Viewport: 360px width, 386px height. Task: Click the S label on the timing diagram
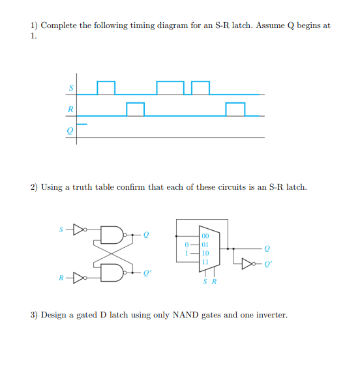[71, 88]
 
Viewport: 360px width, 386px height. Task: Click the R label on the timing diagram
[71, 109]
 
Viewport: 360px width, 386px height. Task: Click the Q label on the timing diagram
[71, 130]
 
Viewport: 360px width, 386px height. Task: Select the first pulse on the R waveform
[135, 109]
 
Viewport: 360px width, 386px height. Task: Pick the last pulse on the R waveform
[235, 109]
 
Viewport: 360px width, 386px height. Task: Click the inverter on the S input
[79, 230]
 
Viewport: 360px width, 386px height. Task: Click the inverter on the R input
[79, 276]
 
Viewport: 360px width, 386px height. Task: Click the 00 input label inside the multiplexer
[206, 237]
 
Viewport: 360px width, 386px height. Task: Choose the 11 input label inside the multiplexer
[206, 261]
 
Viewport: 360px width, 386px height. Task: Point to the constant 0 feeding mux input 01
[188, 245]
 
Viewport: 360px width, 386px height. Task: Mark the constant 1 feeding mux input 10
[188, 253]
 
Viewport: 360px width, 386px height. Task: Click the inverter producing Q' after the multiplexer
[248, 264]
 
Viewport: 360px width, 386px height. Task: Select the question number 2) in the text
[35, 187]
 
